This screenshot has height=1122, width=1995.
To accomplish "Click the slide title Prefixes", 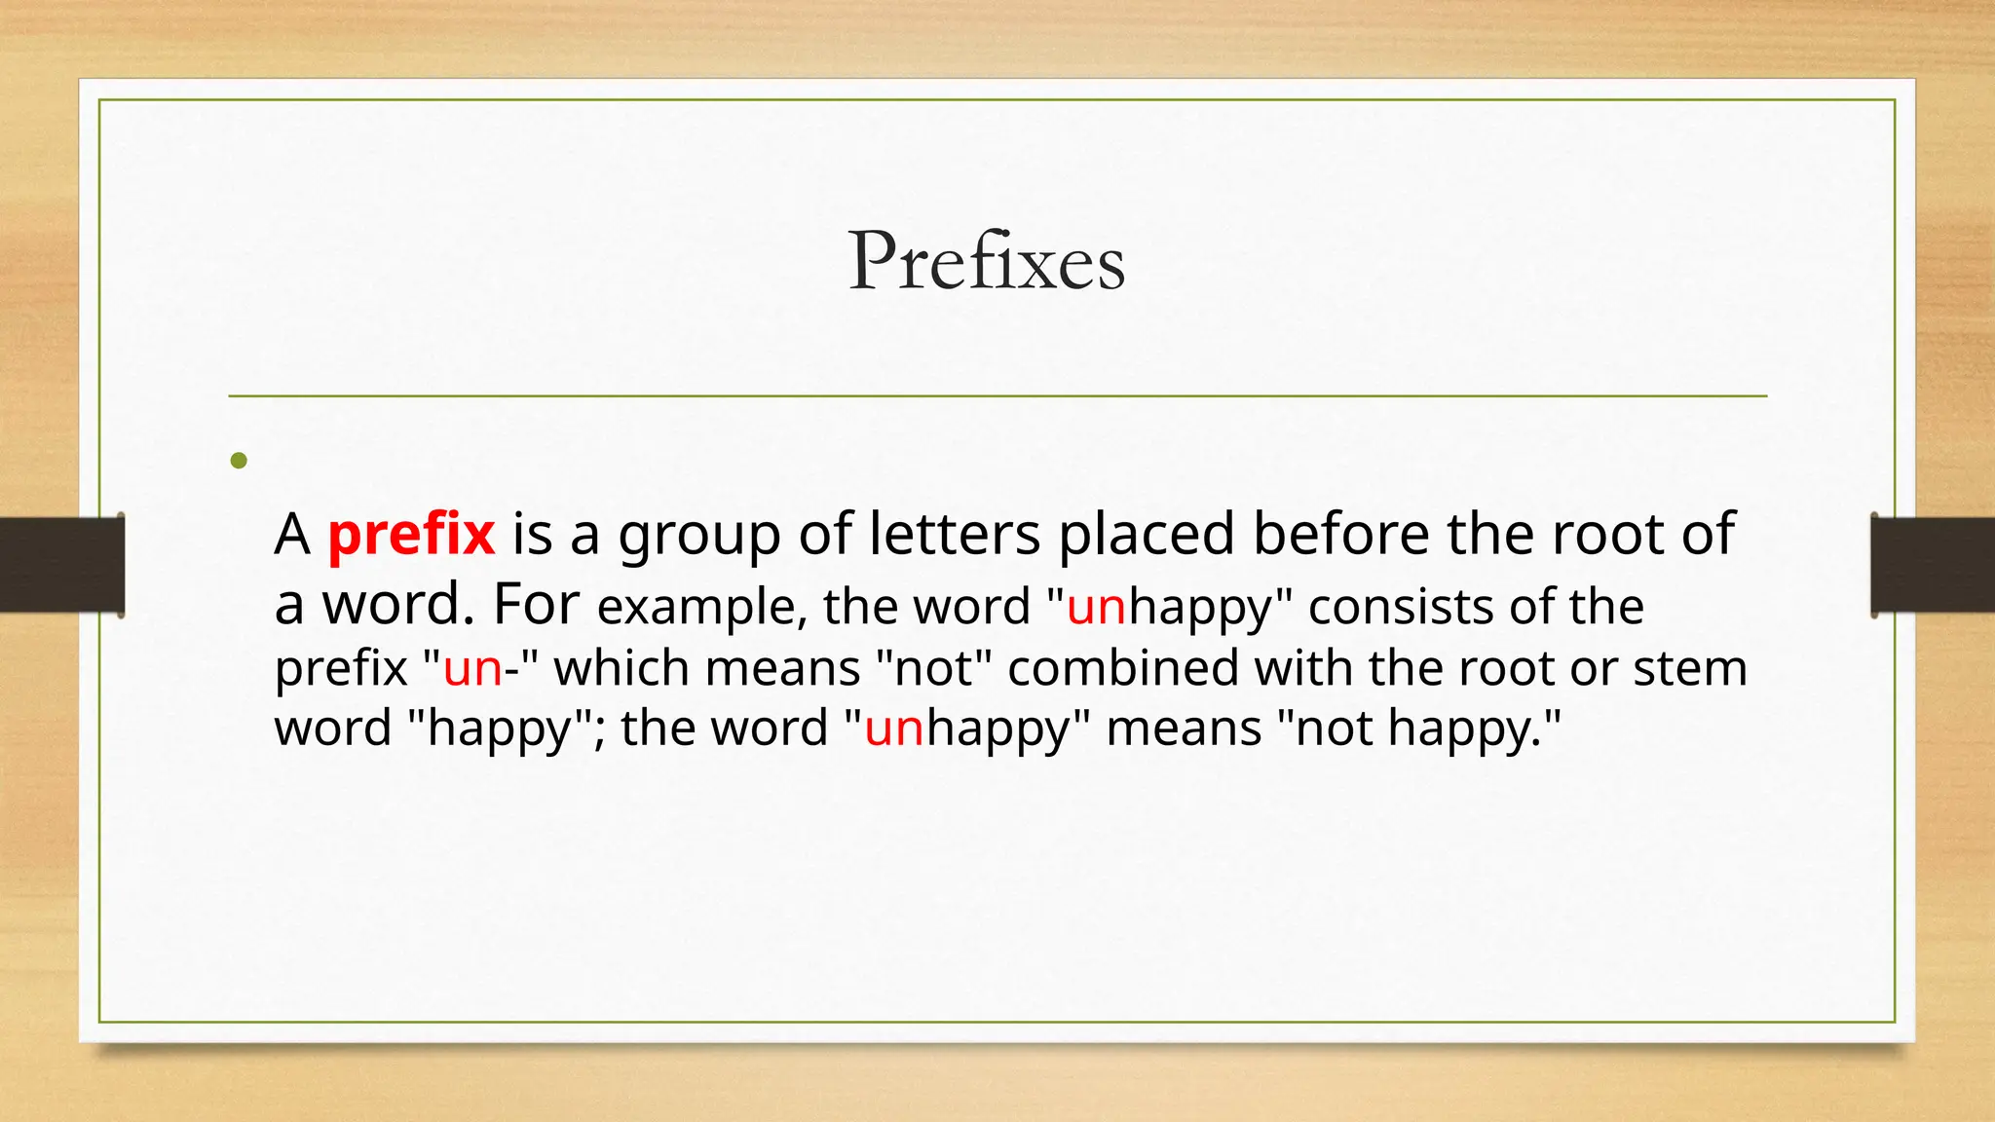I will [987, 261].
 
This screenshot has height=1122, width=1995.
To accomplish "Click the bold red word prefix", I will [411, 535].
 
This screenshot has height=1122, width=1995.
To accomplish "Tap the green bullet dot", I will [239, 461].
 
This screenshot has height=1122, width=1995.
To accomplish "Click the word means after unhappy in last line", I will [1184, 729].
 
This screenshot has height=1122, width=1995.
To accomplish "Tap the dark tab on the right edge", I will [1933, 565].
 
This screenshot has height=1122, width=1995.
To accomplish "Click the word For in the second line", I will [536, 604].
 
